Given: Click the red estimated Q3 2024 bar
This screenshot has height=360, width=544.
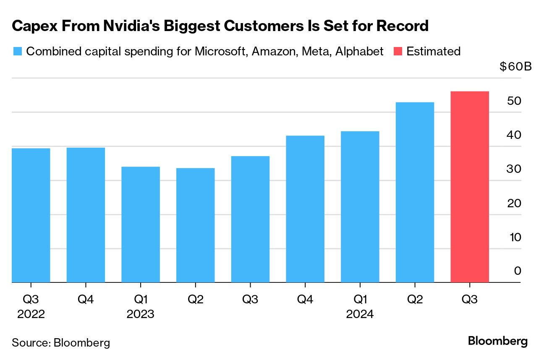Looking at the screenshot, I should click(x=469, y=187).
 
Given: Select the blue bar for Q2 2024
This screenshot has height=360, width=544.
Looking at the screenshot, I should click(x=415, y=192).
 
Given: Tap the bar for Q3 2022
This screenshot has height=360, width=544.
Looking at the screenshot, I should click(x=31, y=215).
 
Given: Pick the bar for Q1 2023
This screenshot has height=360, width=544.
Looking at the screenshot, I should click(x=141, y=224).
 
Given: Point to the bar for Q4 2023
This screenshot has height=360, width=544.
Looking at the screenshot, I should click(x=305, y=209).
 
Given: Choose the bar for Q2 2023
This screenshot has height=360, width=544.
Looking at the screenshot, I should click(x=195, y=225).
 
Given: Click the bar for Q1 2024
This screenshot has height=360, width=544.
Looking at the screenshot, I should click(x=360, y=207).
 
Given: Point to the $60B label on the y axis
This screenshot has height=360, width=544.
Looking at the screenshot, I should click(x=515, y=67).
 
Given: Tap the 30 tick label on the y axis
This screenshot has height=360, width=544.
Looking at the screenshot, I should click(x=515, y=170).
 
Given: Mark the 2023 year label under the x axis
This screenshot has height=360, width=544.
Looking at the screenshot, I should click(x=141, y=314).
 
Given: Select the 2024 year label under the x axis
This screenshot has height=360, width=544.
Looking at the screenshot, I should click(x=360, y=314).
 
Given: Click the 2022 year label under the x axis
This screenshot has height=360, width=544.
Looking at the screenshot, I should click(x=31, y=314).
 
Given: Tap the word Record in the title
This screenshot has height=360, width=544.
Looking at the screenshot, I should click(x=402, y=26).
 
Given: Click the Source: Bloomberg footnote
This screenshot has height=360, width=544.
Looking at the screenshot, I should click(x=61, y=342).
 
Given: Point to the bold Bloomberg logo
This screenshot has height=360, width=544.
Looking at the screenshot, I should click(x=498, y=341).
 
